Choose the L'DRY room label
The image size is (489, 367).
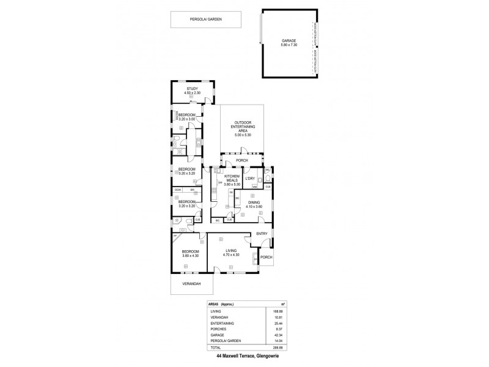pyautogui.click(x=249, y=179)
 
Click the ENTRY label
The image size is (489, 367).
pyautogui.click(x=262, y=234)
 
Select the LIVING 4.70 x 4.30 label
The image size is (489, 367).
pyautogui.click(x=230, y=251)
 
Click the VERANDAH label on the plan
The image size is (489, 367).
pyautogui.click(x=191, y=284)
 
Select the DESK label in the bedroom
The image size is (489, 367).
pyautogui.click(x=177, y=190)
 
